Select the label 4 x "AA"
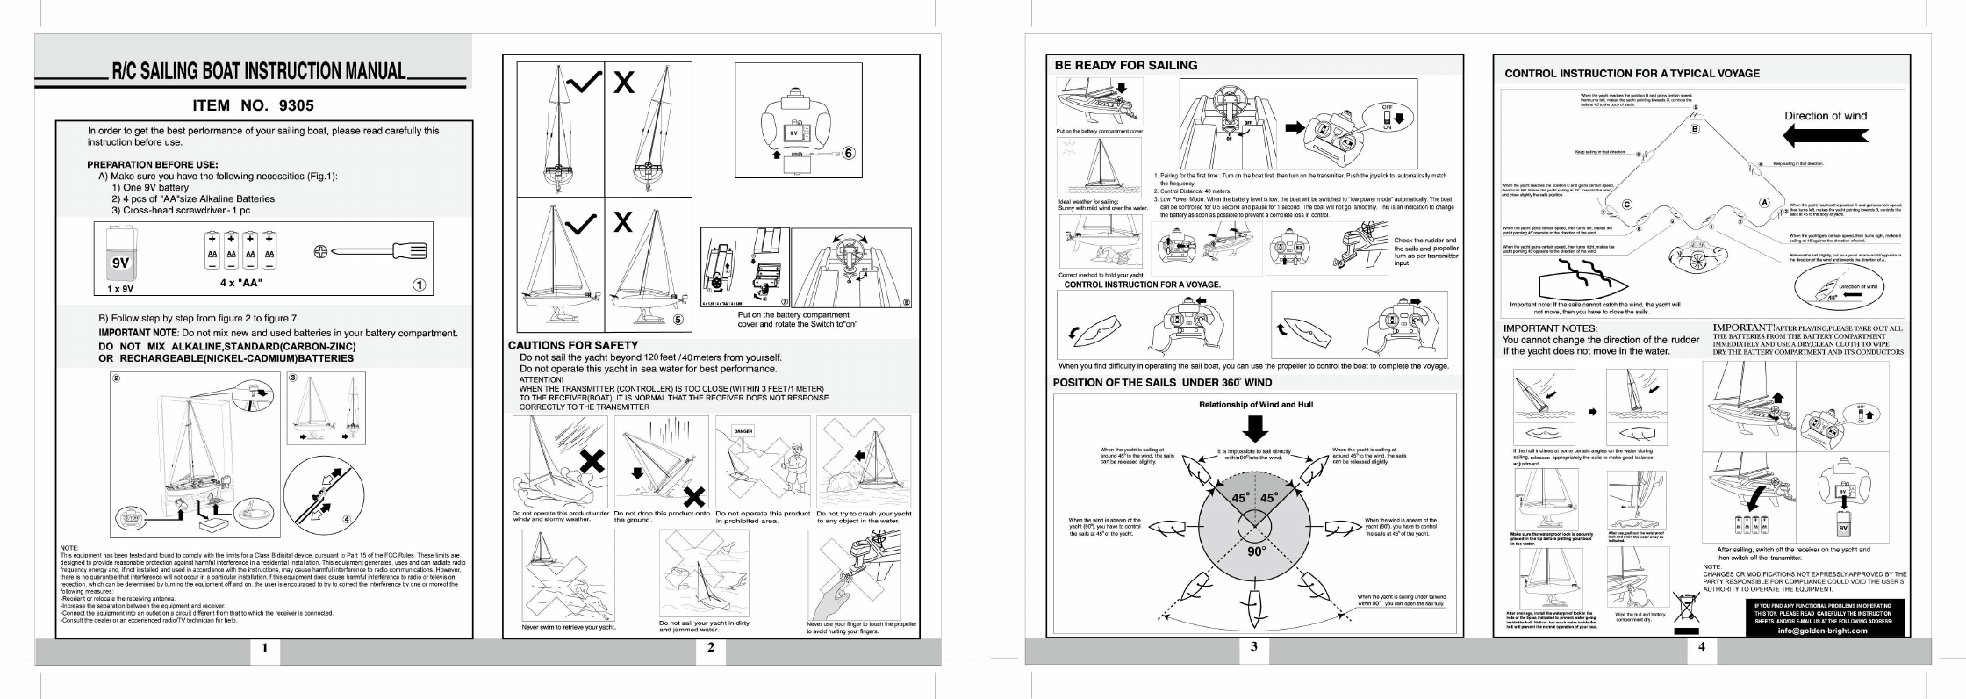(x=240, y=283)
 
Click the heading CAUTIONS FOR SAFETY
(x=573, y=345)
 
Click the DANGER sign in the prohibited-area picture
(x=743, y=431)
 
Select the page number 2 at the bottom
(x=710, y=648)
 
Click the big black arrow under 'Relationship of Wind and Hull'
(x=1256, y=429)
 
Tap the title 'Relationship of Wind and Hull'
(x=1256, y=405)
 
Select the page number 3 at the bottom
(x=1254, y=648)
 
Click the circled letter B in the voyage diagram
(x=1695, y=129)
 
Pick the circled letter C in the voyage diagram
(x=1626, y=205)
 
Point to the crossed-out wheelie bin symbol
(x=1686, y=609)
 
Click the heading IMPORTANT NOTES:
(x=1550, y=328)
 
